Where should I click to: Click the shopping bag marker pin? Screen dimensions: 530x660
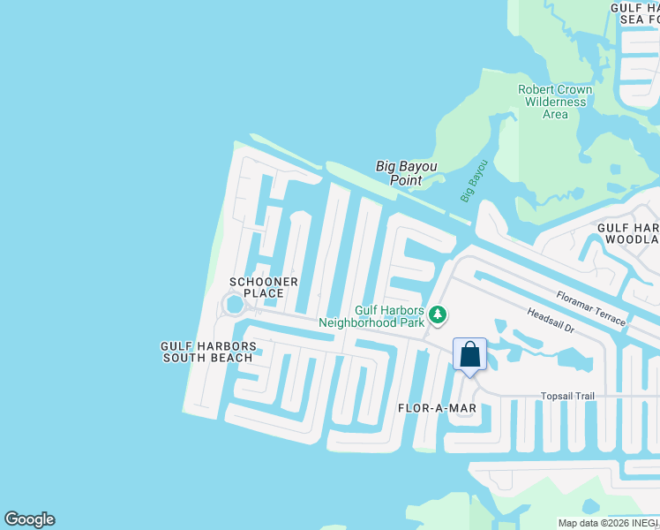[x=469, y=355]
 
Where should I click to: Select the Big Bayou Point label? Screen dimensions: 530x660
[x=407, y=172]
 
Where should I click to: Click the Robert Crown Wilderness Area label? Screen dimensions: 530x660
[x=555, y=102]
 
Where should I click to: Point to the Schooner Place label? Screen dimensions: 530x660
[x=258, y=287]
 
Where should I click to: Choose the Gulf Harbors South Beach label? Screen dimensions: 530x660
[x=208, y=352]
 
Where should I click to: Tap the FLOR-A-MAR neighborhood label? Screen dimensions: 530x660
[x=438, y=408]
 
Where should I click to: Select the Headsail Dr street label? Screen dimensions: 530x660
[x=551, y=321]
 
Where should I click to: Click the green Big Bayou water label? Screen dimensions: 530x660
[x=474, y=181]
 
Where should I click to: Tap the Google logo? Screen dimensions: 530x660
[x=29, y=519]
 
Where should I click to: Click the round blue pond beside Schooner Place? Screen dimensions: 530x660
[x=234, y=305]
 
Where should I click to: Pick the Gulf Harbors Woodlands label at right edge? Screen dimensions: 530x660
[x=628, y=233]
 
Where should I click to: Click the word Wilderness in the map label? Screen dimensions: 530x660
[x=555, y=102]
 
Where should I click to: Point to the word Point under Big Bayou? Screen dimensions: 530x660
[x=407, y=180]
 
